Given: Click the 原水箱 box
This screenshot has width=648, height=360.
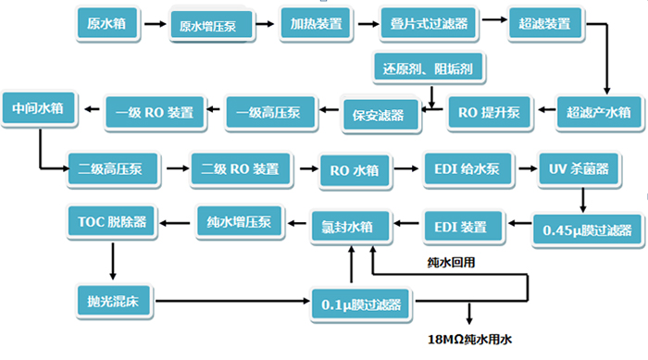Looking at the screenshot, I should point(106,23).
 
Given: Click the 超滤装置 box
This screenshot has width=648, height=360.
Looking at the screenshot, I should point(546,23).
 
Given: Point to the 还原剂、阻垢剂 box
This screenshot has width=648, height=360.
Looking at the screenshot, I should point(429,68).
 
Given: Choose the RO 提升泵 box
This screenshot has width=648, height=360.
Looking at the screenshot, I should point(490,112).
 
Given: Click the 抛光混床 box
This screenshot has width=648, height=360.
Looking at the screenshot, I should point(114,298).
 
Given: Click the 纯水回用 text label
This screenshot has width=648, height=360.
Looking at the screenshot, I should point(452,263).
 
